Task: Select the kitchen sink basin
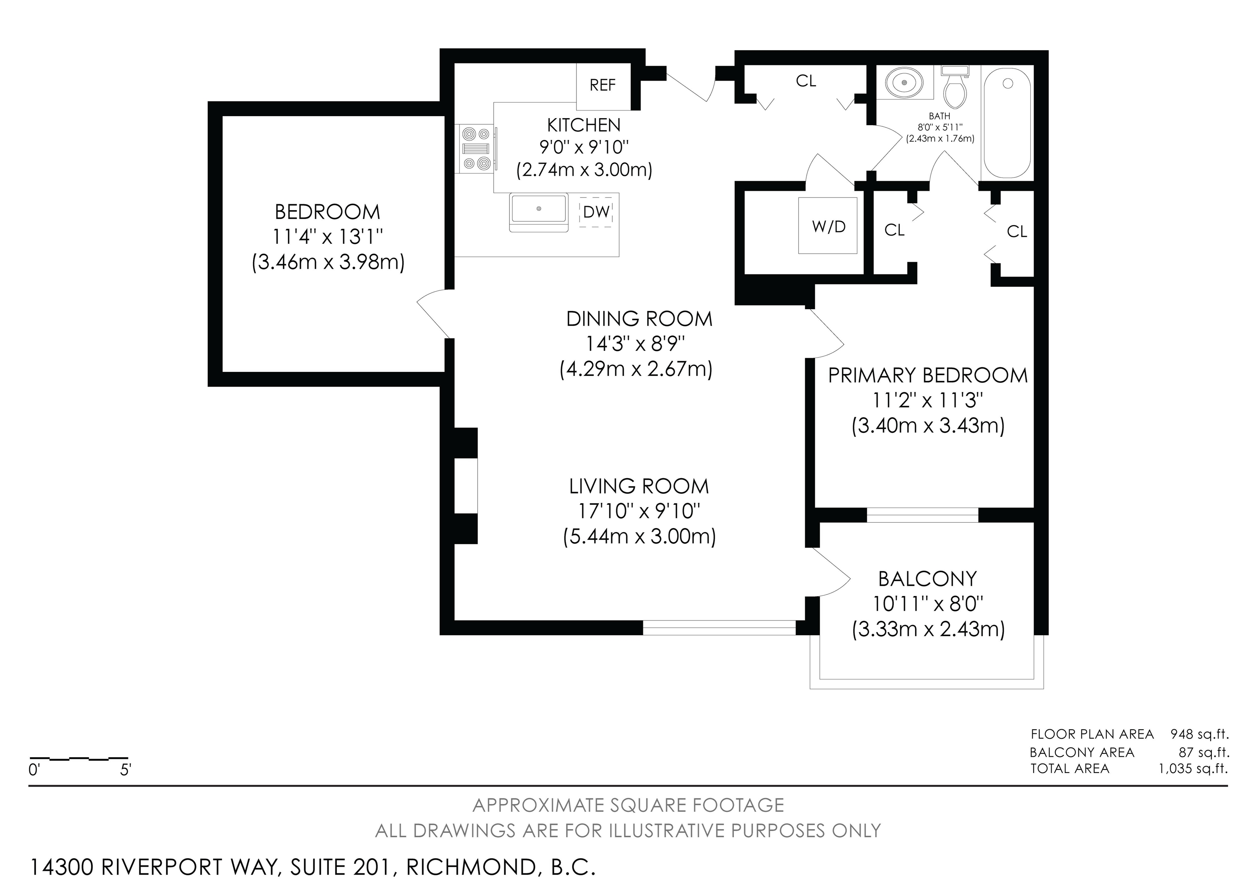[x=539, y=212]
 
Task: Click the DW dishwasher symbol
[x=596, y=212]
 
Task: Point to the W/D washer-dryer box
[x=828, y=225]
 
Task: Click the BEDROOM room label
[x=327, y=212]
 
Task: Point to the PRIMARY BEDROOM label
[x=928, y=375]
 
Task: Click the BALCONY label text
[x=928, y=579]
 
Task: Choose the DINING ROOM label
[x=639, y=319]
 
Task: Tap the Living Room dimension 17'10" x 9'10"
[x=639, y=511]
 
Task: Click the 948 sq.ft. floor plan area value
[x=1199, y=734]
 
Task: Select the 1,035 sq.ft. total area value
[x=1193, y=768]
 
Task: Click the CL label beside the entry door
[x=806, y=81]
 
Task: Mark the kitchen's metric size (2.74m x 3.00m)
[x=584, y=170]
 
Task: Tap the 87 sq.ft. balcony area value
[x=1204, y=752]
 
